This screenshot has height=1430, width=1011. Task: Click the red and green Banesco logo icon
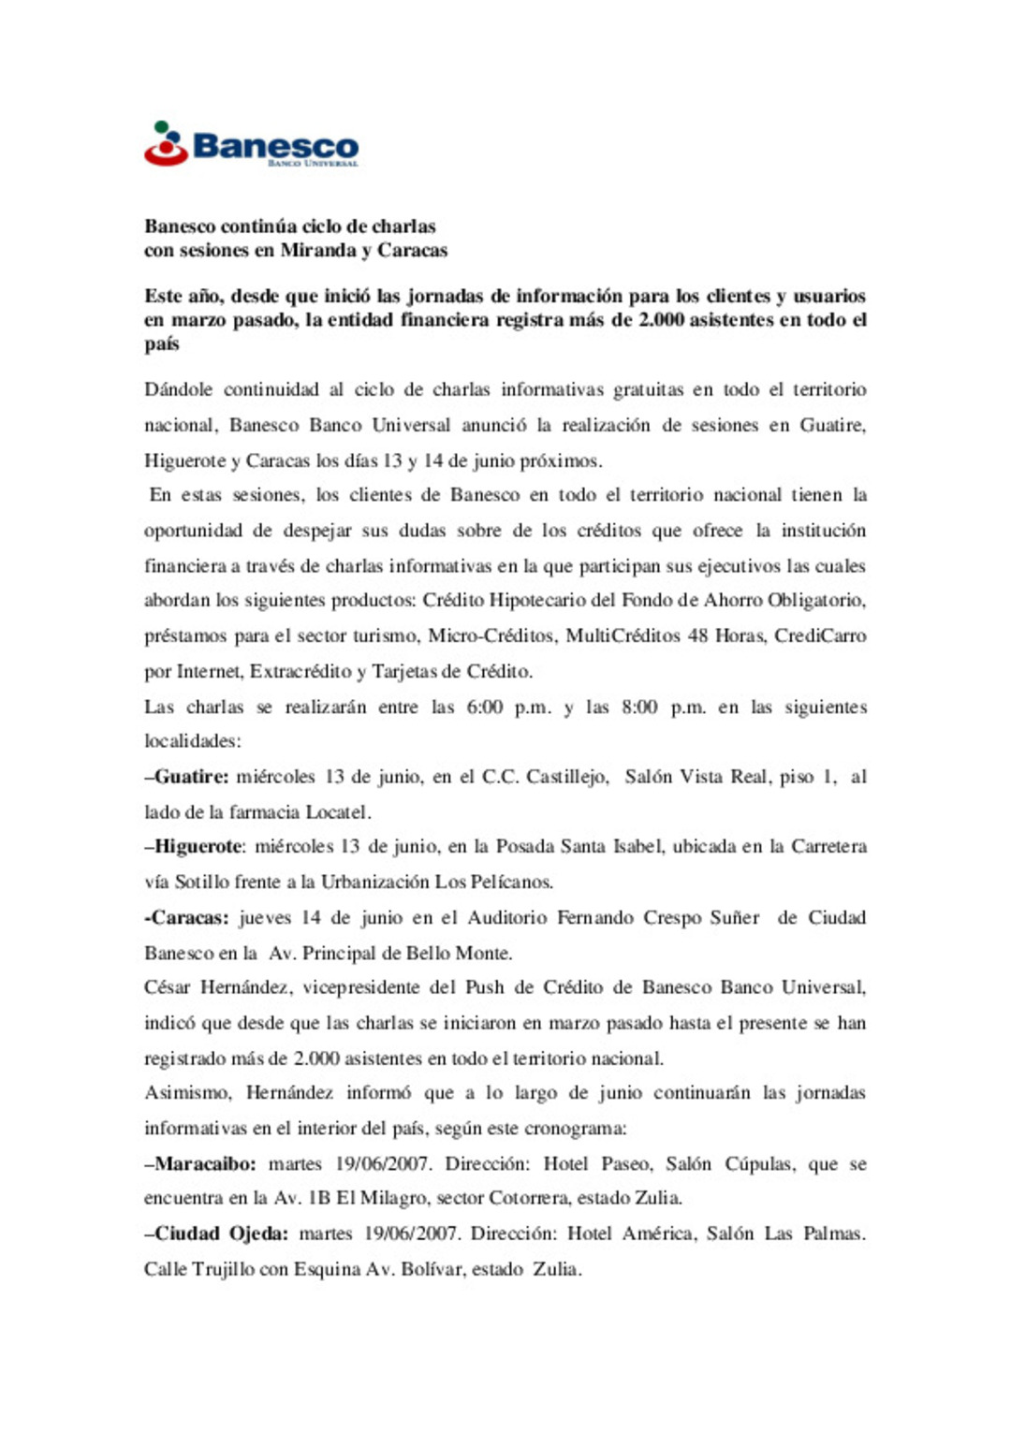[x=166, y=144]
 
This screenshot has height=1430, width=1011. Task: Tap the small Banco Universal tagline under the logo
[x=313, y=164]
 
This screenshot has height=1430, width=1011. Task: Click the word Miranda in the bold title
[x=318, y=251]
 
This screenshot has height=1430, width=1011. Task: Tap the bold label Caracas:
[x=186, y=918]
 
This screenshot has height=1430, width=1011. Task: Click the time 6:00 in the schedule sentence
[x=484, y=708]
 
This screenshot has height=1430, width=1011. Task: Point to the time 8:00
[x=639, y=708]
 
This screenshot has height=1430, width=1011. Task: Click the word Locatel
[x=338, y=812]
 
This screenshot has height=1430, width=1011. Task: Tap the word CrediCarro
[x=821, y=636]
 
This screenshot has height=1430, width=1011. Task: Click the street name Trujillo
[x=220, y=1270]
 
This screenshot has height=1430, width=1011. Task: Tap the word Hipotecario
[x=537, y=601]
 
